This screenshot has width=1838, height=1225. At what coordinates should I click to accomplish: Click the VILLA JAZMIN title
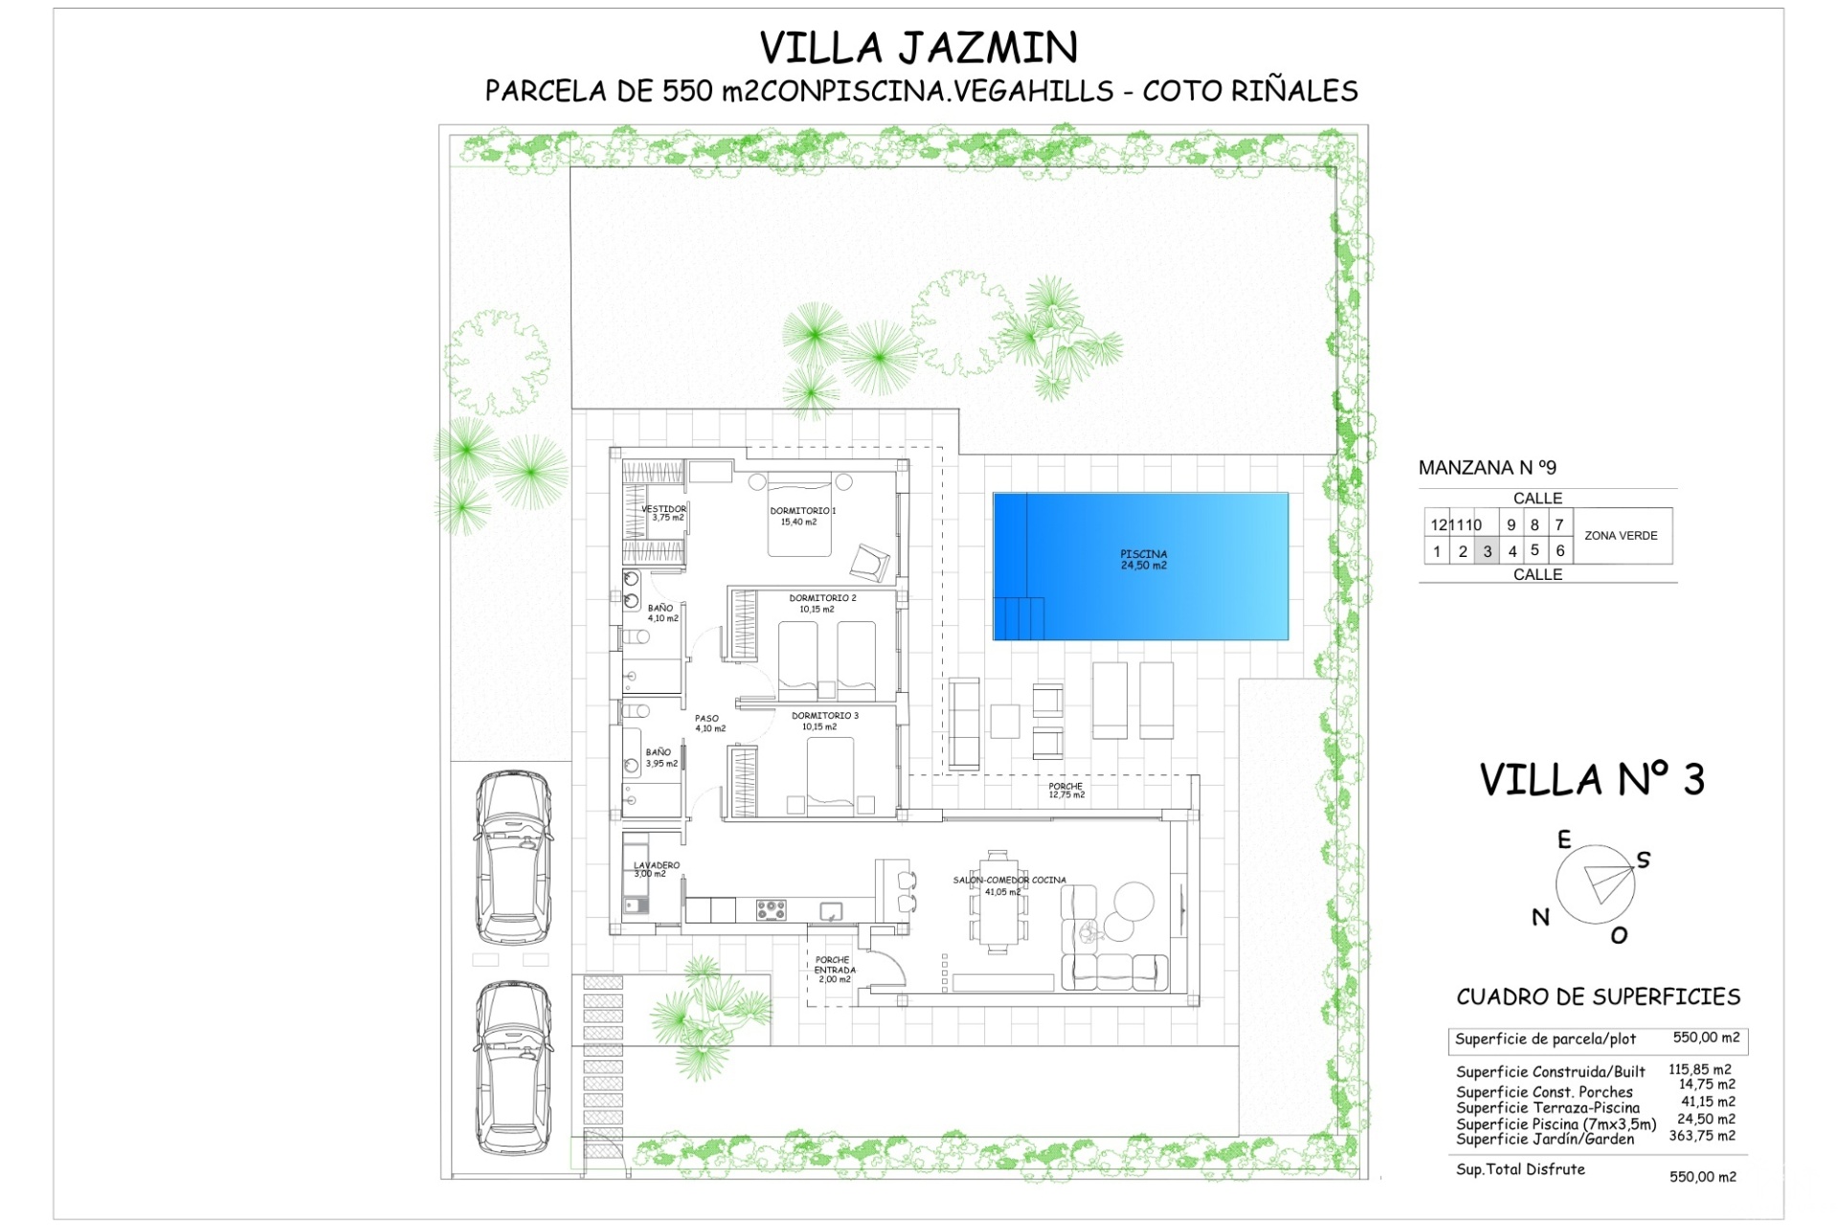(x=918, y=47)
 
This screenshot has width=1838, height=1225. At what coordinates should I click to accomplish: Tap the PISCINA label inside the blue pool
(x=1144, y=554)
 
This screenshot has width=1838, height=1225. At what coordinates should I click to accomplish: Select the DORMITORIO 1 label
(x=802, y=511)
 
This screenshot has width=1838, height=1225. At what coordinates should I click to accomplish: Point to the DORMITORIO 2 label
(x=822, y=598)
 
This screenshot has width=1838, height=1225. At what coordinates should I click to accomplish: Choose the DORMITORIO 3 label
(x=824, y=716)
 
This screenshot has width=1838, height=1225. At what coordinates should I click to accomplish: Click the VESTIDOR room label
(x=663, y=509)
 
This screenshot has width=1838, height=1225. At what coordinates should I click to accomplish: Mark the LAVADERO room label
(x=657, y=865)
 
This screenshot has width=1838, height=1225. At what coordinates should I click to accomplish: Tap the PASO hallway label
(x=706, y=718)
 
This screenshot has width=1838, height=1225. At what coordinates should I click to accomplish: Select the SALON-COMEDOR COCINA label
(x=1009, y=880)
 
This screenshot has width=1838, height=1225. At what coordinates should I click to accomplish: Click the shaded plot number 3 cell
(x=1487, y=551)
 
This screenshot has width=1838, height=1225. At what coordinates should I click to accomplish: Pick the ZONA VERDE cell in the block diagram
(x=1621, y=536)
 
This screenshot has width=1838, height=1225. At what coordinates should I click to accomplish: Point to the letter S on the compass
(x=1644, y=859)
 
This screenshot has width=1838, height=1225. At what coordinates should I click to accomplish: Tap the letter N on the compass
(x=1540, y=918)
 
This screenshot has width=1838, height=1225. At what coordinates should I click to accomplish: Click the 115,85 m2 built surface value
(x=1700, y=1070)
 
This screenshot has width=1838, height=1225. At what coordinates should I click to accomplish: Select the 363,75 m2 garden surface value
(x=1702, y=1136)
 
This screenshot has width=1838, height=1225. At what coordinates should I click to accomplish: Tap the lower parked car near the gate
(x=514, y=1068)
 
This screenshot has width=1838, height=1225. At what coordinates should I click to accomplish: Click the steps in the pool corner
(x=1019, y=618)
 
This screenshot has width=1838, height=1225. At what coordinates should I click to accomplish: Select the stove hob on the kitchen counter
(x=771, y=909)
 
